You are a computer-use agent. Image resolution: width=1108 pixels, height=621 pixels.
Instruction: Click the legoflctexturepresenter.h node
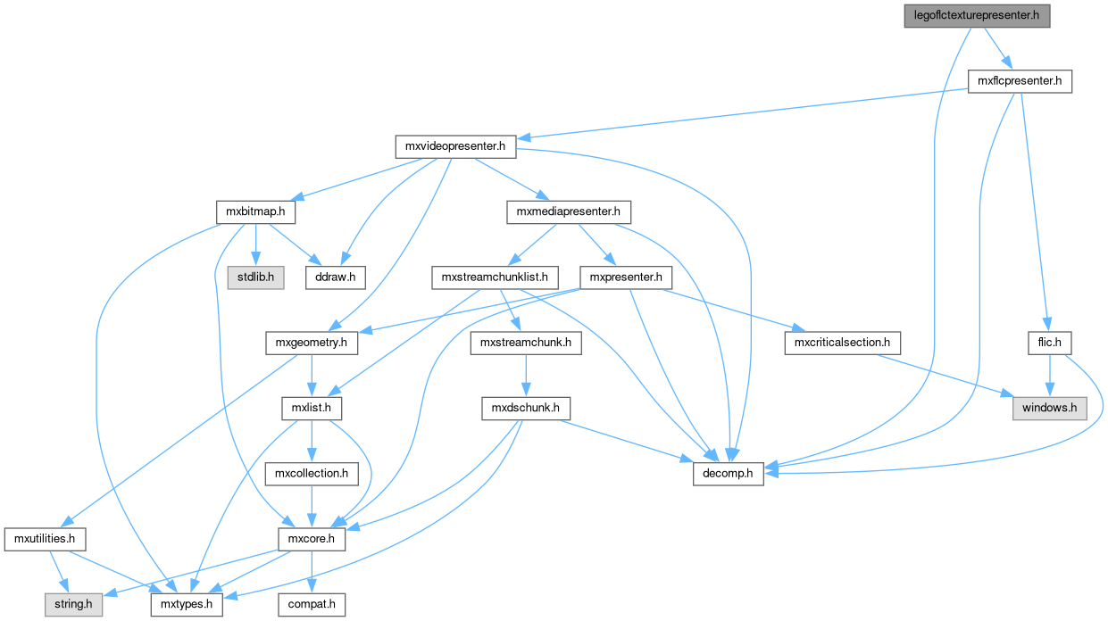click(976, 16)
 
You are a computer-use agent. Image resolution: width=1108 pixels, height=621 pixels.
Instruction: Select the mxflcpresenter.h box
click(1020, 82)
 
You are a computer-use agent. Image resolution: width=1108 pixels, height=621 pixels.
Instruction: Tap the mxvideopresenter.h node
click(455, 146)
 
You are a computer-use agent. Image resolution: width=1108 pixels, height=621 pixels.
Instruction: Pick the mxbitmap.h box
click(256, 212)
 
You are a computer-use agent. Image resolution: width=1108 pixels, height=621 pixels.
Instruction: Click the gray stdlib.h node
click(256, 277)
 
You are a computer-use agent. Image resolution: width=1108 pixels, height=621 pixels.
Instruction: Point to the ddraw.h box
click(336, 277)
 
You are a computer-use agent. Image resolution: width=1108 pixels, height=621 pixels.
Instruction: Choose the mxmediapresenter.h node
click(569, 212)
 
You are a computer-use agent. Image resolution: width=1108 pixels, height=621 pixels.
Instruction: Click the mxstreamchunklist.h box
click(495, 277)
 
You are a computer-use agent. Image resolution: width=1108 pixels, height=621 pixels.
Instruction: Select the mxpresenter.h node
click(625, 277)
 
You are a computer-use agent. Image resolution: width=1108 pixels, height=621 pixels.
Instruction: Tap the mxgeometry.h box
click(312, 343)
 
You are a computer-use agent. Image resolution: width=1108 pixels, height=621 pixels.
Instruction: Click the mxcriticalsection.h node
click(842, 343)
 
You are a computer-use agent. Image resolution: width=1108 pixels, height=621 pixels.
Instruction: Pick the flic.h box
click(1050, 343)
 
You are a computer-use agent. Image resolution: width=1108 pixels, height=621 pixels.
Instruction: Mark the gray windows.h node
click(1050, 409)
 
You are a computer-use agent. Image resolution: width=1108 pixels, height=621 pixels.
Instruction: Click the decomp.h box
click(729, 474)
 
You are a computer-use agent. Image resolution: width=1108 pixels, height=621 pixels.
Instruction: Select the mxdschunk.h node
click(525, 409)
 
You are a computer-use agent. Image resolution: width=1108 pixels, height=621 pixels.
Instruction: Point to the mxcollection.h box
click(311, 474)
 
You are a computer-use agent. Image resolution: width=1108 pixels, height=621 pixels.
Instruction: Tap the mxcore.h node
click(311, 539)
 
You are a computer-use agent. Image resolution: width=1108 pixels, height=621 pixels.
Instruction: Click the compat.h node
click(311, 605)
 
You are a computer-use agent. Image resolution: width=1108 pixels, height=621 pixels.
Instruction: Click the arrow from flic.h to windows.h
click(1050, 376)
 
